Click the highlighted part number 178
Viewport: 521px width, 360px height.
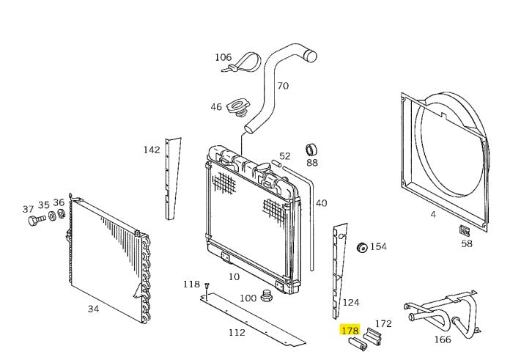pos(350,330)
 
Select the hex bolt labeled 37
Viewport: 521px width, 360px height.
pos(37,220)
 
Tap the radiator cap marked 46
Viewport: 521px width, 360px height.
pos(237,108)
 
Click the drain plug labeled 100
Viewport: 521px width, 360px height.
pos(267,295)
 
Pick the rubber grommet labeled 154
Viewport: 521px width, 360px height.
pos(361,248)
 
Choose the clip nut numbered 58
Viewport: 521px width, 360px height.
pos(464,230)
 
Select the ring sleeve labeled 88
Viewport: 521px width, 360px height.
pos(311,150)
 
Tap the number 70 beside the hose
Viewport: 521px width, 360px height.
pos(283,86)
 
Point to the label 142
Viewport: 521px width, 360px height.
pos(152,150)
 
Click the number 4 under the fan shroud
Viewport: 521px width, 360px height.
pos(433,214)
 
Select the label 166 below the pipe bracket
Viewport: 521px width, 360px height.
pos(443,339)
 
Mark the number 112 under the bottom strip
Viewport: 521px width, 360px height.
pos(237,332)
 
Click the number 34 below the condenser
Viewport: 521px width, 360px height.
pos(93,309)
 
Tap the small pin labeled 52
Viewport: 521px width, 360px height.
pos(277,164)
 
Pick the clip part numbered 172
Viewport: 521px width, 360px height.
pos(372,336)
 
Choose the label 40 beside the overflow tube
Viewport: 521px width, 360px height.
pos(321,203)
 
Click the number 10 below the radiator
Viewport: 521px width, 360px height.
pos(234,276)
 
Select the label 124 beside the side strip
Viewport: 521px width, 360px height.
pos(351,303)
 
